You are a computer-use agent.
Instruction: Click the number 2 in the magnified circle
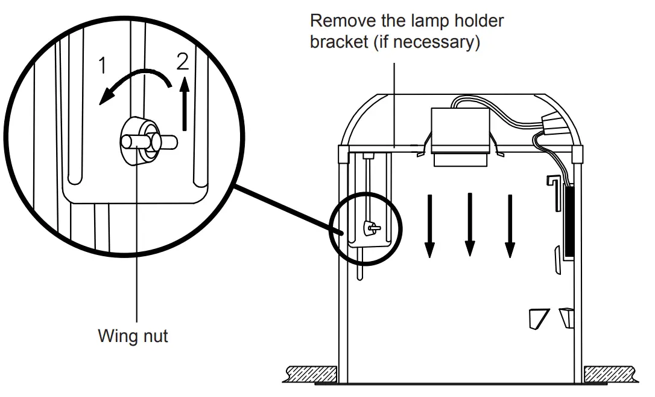pyautogui.click(x=183, y=62)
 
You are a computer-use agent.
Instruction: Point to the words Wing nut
pyautogui.click(x=133, y=335)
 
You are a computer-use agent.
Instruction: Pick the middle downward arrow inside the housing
pyautogui.click(x=470, y=225)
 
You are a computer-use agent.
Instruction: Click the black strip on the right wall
pyautogui.click(x=569, y=221)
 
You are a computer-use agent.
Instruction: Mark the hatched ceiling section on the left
pyautogui.click(x=310, y=371)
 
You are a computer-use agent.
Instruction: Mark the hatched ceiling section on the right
pyautogui.click(x=610, y=371)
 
